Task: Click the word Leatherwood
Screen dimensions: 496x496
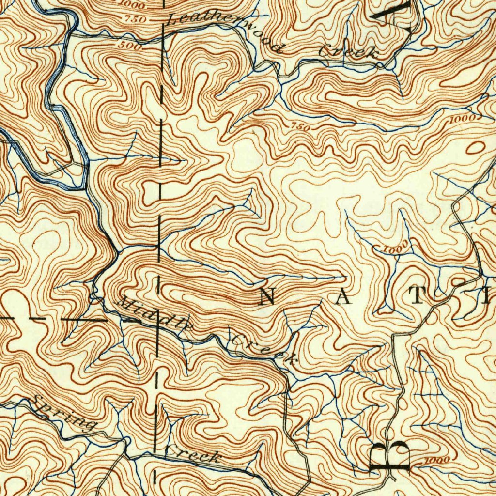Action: click(x=224, y=33)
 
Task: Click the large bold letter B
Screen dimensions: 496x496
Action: click(x=390, y=456)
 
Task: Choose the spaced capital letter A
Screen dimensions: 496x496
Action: click(x=342, y=298)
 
